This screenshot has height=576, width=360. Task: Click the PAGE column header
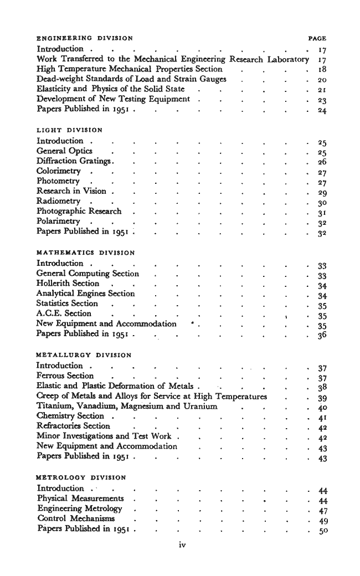coord(317,39)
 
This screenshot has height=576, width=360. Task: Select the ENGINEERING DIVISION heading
coord(84,39)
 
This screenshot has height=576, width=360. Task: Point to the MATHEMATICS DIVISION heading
coord(85,253)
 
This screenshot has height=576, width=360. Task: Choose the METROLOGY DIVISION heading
coord(81,477)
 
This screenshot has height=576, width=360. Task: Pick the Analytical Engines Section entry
coord(85,294)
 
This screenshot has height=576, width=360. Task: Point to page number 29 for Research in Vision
coord(320,191)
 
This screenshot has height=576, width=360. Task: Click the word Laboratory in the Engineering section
coord(287,59)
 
